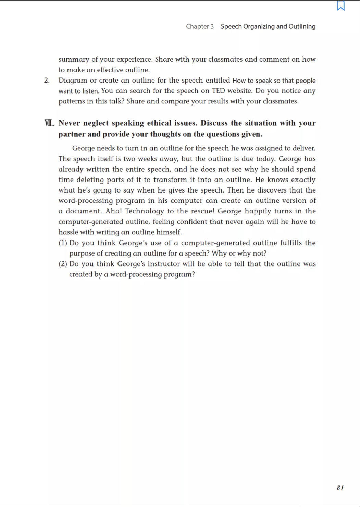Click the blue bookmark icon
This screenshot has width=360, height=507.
point(340,6)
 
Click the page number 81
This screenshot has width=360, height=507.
point(340,487)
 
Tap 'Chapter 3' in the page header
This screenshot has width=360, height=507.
point(200,26)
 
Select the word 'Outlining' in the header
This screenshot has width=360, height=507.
point(302,26)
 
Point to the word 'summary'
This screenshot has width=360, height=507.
point(74,59)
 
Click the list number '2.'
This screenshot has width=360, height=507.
point(47,80)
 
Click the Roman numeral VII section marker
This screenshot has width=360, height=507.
point(49,123)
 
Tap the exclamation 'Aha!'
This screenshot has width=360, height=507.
point(113,211)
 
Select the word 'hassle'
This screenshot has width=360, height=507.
point(68,232)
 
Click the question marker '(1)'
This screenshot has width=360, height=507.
point(63,243)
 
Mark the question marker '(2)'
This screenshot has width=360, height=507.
point(63,264)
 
